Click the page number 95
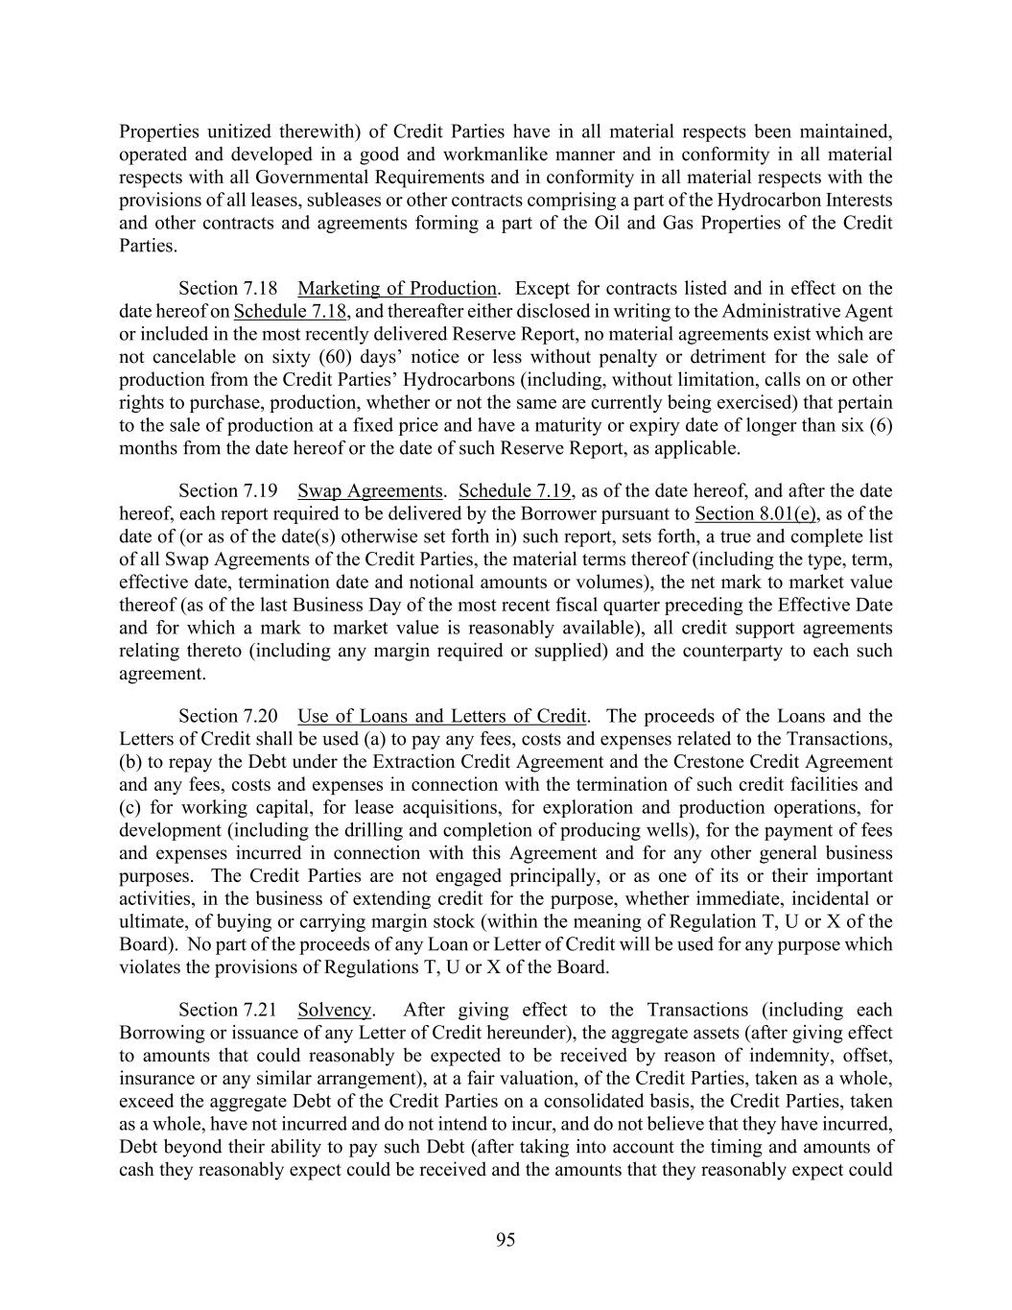pos(506,1240)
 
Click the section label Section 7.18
pos(227,289)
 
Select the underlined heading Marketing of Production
pos(397,289)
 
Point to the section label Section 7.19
pos(227,491)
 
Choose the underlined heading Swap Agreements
pos(369,491)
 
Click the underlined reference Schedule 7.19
pos(515,491)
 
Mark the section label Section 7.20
pos(227,716)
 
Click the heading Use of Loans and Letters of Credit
pos(442,716)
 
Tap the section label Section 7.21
pos(227,1010)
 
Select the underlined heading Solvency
pos(334,1010)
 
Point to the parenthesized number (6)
pos(881,425)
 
